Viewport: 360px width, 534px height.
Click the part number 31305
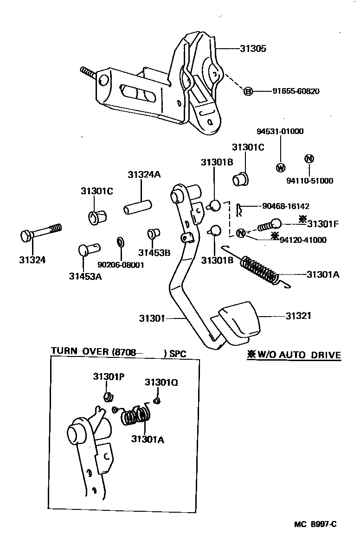253,48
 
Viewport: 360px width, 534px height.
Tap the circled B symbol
248,91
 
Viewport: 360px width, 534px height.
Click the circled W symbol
280,167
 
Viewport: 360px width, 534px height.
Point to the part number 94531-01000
280,131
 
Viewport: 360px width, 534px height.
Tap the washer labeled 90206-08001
120,242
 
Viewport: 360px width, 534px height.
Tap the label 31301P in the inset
107,376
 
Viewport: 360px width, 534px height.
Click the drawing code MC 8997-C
315,524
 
